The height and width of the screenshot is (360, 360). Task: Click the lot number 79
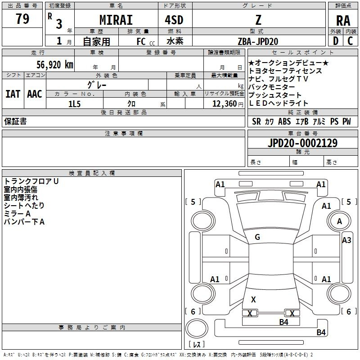(x=22, y=19)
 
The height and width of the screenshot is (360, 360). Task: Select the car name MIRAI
(x=116, y=20)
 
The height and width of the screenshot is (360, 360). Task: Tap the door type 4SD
(x=174, y=20)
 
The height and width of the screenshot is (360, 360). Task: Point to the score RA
(x=343, y=21)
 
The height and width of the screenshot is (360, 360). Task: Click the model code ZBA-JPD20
(x=258, y=41)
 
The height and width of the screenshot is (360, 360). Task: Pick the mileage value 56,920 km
(x=55, y=65)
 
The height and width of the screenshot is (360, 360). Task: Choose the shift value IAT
(x=13, y=94)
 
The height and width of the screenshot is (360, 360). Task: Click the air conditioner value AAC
(x=35, y=94)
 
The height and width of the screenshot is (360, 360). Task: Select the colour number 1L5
(x=74, y=104)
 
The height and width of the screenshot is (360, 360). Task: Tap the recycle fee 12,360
(x=225, y=104)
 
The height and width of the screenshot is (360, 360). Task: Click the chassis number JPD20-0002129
(x=302, y=143)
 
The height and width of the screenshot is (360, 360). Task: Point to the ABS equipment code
(x=284, y=121)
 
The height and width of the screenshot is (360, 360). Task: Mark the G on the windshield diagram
(x=257, y=237)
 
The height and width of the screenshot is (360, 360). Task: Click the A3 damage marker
(x=346, y=240)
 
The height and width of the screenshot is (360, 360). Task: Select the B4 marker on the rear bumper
(x=321, y=332)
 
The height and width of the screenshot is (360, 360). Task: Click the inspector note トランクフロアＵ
(x=31, y=181)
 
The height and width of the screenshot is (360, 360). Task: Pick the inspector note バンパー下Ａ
(x=24, y=222)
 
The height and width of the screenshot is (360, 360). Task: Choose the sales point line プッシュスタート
(x=275, y=95)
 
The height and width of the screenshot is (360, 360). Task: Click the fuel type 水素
(x=175, y=41)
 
